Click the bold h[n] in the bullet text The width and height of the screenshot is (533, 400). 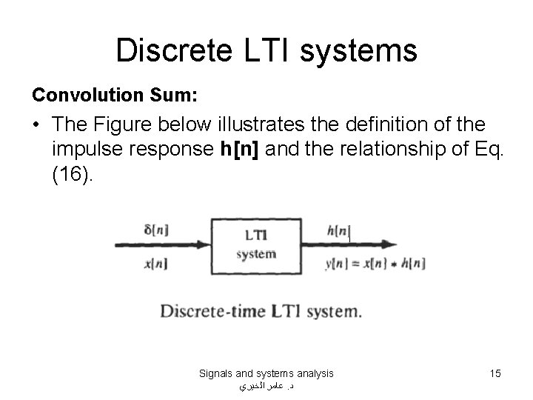pyautogui.click(x=241, y=149)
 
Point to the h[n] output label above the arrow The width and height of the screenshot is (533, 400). pyautogui.click(x=338, y=231)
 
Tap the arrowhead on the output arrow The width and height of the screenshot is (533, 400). pyautogui.click(x=391, y=247)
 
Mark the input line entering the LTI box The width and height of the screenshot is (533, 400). pyautogui.click(x=163, y=247)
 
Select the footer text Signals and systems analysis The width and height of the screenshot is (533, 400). pyautogui.click(x=266, y=373)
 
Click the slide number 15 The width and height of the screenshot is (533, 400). pyautogui.click(x=495, y=373)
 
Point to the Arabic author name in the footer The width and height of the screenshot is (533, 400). pyautogui.click(x=266, y=386)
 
